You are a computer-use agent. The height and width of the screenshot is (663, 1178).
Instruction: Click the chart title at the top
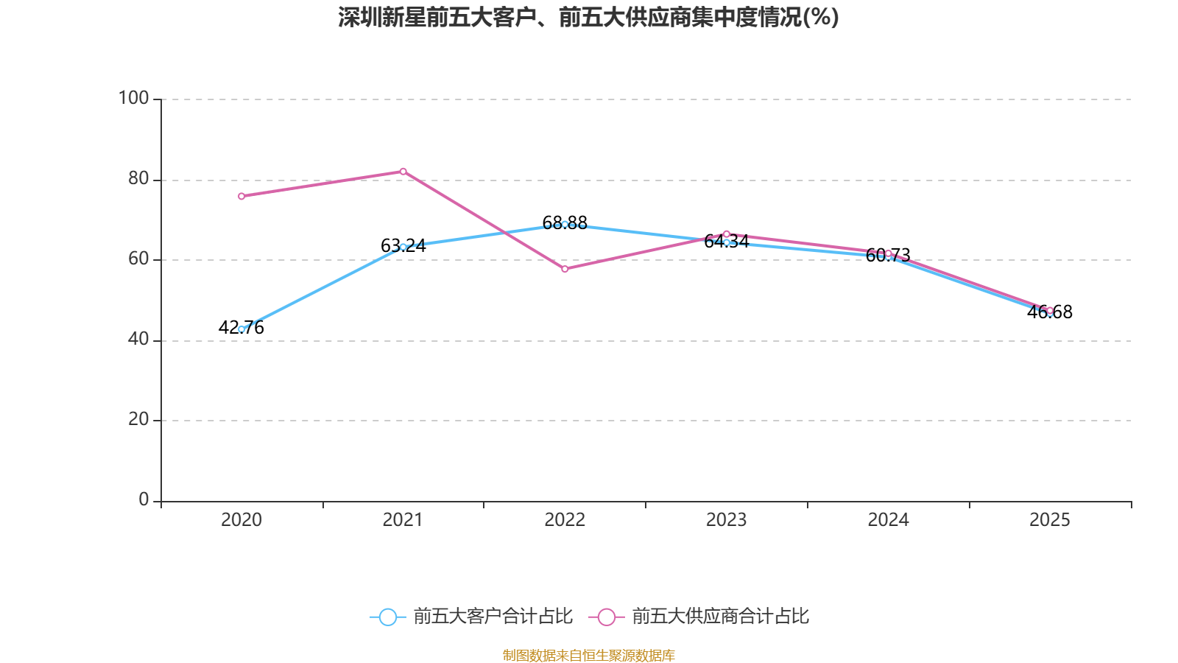click(x=588, y=17)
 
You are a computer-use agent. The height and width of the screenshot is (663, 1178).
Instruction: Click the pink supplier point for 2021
click(x=403, y=172)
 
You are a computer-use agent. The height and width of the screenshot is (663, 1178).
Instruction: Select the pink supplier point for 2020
click(x=241, y=197)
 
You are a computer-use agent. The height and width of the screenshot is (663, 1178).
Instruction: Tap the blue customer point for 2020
click(x=241, y=329)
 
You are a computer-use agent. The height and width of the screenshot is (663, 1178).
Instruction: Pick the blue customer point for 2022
click(x=565, y=224)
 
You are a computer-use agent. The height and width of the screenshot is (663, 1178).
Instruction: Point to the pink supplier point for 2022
click(x=565, y=269)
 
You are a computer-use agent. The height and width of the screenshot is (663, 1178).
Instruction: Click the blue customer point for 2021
click(x=403, y=247)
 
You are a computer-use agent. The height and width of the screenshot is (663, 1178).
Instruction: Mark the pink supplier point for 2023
click(x=726, y=234)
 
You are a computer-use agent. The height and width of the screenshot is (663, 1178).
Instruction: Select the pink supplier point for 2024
click(x=888, y=253)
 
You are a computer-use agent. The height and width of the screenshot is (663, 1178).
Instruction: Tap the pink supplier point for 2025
click(x=1050, y=310)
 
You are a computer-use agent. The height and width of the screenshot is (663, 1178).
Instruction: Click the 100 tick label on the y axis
click(x=133, y=98)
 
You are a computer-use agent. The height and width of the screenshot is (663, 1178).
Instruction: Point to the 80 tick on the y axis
click(x=138, y=179)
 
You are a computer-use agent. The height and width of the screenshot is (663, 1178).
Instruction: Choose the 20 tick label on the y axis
click(x=138, y=420)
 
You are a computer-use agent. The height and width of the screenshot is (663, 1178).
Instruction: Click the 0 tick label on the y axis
click(x=144, y=500)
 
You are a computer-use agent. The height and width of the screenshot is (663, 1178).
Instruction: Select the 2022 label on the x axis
click(x=565, y=520)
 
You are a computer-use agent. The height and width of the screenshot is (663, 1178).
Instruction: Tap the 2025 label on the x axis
click(x=1050, y=520)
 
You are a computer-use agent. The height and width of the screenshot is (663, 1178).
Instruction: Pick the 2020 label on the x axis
click(x=241, y=520)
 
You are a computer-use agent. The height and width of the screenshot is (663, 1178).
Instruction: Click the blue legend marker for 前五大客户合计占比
click(x=387, y=617)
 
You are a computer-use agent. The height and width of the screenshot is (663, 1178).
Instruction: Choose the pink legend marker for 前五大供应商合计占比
click(x=606, y=617)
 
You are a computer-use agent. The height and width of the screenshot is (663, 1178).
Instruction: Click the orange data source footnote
click(x=588, y=655)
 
